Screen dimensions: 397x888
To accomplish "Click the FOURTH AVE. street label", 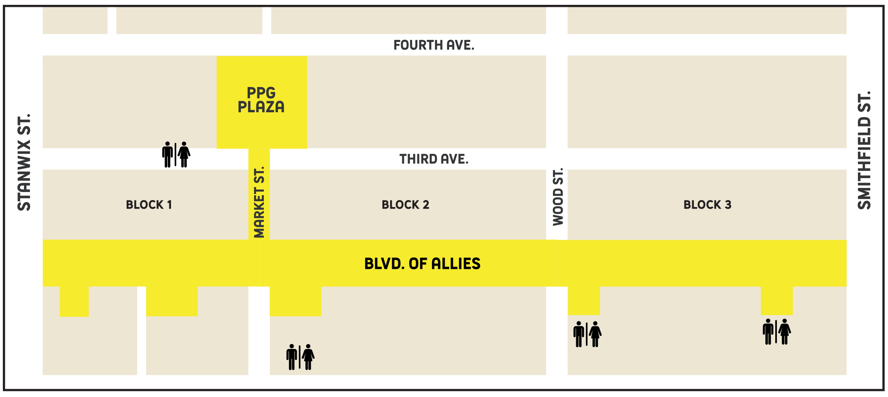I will (434, 45).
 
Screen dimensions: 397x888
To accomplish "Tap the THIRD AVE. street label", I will (434, 159).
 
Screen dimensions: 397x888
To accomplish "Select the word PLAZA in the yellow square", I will (261, 107).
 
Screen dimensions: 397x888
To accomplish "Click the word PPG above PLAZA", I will (261, 93).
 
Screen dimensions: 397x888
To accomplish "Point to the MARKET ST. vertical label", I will (259, 202).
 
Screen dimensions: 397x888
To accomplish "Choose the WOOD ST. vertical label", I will (558, 197).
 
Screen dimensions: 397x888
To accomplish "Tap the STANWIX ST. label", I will (24, 162).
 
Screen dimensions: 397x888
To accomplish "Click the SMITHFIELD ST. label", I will (864, 151).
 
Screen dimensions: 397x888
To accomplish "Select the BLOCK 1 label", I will (149, 205).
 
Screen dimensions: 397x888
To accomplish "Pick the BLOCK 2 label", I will (405, 205).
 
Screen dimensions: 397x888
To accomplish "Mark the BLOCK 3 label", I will (707, 205).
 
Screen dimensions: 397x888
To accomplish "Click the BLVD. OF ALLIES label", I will (422, 264).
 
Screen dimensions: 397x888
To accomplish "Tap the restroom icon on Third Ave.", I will (176, 155).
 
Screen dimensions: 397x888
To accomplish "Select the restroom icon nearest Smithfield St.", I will (776, 332).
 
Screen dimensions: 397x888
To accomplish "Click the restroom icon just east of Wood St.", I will (587, 334).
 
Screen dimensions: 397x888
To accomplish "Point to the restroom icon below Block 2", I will (300, 357).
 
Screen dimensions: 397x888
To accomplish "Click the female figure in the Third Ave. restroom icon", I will (184, 155).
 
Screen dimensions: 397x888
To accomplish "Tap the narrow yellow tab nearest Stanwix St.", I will (74, 301).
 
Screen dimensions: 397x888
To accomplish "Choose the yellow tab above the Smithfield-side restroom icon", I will (776, 300).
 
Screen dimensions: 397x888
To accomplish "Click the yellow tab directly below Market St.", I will (295, 301).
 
